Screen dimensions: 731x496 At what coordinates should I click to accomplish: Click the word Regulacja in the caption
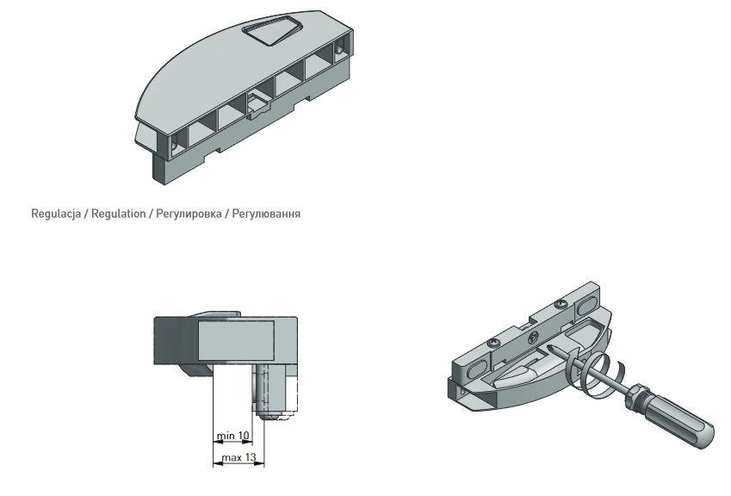point(56,214)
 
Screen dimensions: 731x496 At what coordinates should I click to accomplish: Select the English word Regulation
point(119,214)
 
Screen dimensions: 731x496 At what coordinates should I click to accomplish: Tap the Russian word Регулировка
point(189,214)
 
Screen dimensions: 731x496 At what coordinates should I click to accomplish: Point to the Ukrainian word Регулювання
point(266,214)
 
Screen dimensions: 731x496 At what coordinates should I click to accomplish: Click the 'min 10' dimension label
point(233,436)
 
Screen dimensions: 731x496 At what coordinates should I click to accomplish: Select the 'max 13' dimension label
point(239,458)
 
